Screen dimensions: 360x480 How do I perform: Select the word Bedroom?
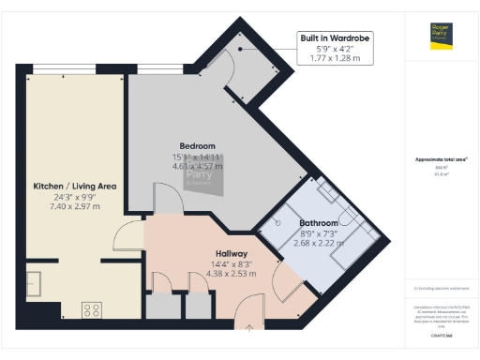click(x=198, y=146)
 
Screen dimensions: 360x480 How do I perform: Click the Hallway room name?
click(x=232, y=253)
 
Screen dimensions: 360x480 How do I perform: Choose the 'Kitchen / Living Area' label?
click(x=75, y=187)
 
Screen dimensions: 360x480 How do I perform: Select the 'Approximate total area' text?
click(x=441, y=159)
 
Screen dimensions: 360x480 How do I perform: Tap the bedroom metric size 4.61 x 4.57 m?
click(x=198, y=166)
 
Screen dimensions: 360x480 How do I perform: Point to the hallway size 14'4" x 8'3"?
click(x=232, y=263)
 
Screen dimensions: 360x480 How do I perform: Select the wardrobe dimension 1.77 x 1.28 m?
click(x=336, y=58)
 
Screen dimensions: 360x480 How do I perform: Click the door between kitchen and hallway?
click(x=126, y=236)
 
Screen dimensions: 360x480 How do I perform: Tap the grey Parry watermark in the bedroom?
click(x=198, y=178)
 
